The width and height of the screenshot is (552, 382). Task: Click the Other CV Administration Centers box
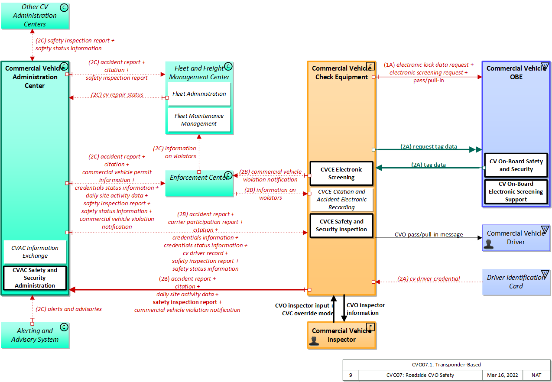tap(35, 15)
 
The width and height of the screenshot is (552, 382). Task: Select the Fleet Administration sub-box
tap(199, 94)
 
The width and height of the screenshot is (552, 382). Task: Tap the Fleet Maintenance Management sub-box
tap(199, 120)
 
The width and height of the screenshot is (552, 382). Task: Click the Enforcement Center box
tap(199, 183)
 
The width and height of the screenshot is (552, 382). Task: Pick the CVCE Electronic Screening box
tap(341, 173)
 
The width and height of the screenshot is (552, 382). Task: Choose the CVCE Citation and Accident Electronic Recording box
tap(341, 200)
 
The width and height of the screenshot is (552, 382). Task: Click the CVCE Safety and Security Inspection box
tap(341, 226)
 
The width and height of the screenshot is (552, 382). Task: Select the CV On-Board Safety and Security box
tap(516, 165)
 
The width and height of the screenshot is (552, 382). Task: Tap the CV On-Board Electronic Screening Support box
tap(516, 192)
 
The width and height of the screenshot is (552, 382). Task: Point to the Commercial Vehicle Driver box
tap(516, 238)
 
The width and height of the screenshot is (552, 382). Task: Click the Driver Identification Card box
tap(516, 282)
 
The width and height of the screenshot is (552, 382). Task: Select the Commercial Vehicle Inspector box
tap(341, 335)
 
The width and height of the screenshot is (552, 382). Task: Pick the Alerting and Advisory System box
tap(35, 335)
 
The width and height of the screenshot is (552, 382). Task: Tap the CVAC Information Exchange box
tap(35, 252)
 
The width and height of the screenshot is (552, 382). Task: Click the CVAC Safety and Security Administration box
tap(35, 278)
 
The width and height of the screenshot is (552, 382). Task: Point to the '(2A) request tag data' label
tap(429, 147)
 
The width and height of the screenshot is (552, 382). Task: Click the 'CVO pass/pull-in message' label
tap(429, 235)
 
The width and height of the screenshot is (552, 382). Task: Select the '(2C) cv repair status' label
tap(117, 95)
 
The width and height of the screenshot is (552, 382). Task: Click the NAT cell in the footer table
tap(536, 375)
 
